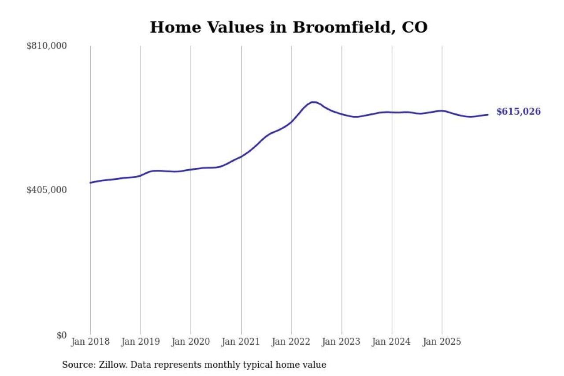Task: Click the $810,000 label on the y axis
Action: coord(46,46)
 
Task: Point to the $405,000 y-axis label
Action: coord(46,190)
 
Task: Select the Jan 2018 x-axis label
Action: coord(90,342)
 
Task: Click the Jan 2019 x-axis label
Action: coord(141,342)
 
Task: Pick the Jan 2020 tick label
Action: coord(191,342)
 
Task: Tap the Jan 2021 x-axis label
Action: coord(241,342)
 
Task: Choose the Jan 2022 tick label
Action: coord(291,342)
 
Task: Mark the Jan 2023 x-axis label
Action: coord(341,342)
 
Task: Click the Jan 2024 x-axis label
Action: coord(392,342)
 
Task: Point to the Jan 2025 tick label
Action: coord(442,342)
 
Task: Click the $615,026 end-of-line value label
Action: coord(518,112)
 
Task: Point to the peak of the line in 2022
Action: coord(313,102)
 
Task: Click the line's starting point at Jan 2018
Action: coord(90,182)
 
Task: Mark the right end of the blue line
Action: coord(487,115)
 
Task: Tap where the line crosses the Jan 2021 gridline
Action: coord(241,156)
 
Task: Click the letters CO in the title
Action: coord(415,27)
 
